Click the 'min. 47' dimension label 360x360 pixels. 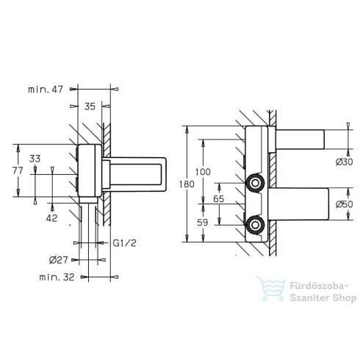pos(46,90)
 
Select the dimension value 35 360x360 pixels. pos(90,107)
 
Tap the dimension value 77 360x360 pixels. pos(18,170)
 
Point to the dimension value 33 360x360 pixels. pos(35,159)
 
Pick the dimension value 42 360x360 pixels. pos(51,218)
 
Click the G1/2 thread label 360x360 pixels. pos(124,243)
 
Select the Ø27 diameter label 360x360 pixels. pos(58,260)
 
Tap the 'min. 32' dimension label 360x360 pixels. pos(57,277)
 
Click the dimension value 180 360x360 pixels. pos(187,184)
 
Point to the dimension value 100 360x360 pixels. pos(203,172)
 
